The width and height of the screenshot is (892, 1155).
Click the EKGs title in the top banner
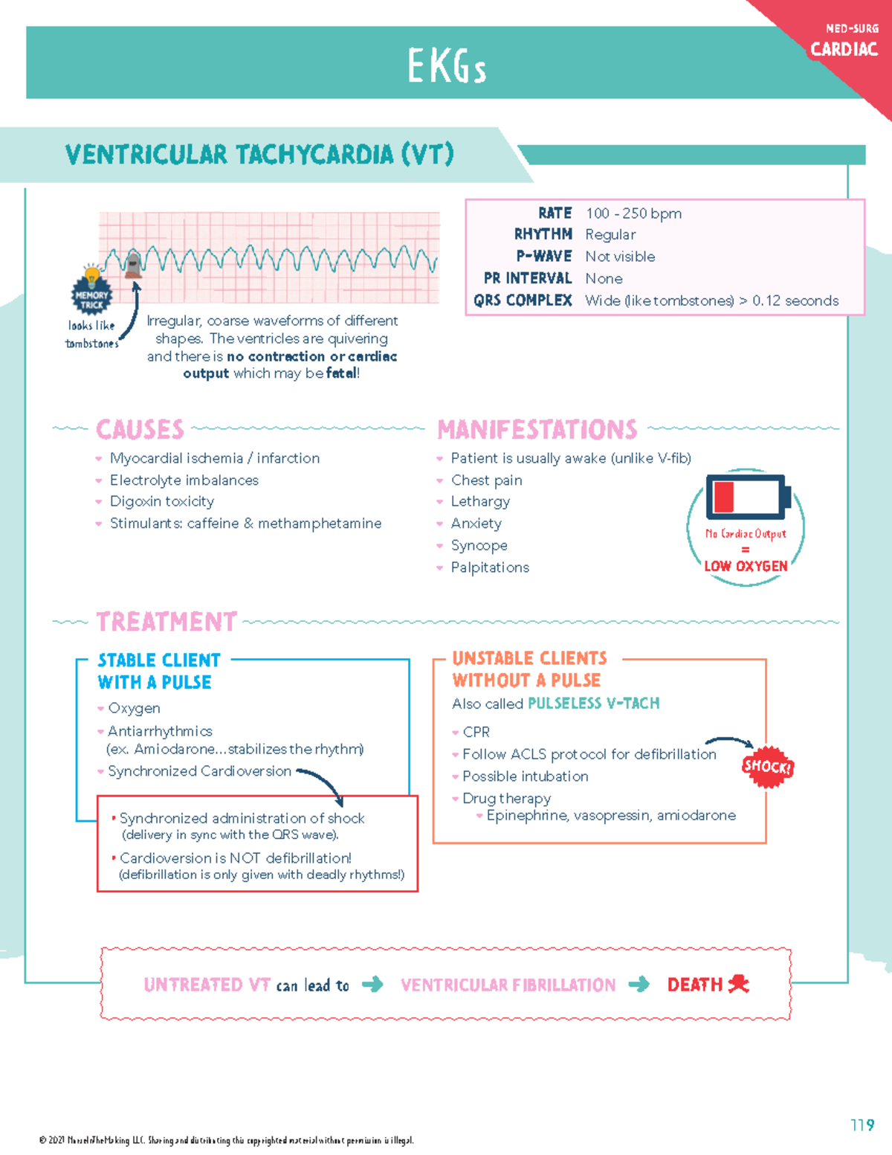click(447, 66)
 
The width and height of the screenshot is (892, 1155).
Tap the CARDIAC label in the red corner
click(844, 50)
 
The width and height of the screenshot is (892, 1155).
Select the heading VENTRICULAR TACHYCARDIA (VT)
click(259, 155)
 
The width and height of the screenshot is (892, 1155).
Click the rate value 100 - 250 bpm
click(633, 213)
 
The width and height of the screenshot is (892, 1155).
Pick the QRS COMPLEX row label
click(523, 300)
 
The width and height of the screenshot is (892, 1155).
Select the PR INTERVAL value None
click(604, 279)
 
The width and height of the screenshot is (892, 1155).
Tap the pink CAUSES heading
click(140, 429)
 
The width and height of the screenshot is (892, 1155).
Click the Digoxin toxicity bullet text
click(162, 501)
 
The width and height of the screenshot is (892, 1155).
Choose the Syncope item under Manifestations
click(479, 545)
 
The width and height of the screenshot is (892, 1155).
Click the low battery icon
click(747, 496)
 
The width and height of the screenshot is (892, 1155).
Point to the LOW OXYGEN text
click(746, 566)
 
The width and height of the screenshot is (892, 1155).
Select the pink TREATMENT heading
click(167, 621)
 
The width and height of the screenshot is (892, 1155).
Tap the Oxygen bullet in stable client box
click(134, 708)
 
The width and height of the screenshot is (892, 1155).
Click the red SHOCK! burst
click(768, 766)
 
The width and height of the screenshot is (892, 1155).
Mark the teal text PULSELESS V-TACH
click(593, 703)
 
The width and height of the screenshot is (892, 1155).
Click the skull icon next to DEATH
click(738, 984)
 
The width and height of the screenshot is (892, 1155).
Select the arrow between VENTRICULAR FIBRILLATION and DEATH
click(639, 985)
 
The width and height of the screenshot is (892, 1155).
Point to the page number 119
click(862, 1125)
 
